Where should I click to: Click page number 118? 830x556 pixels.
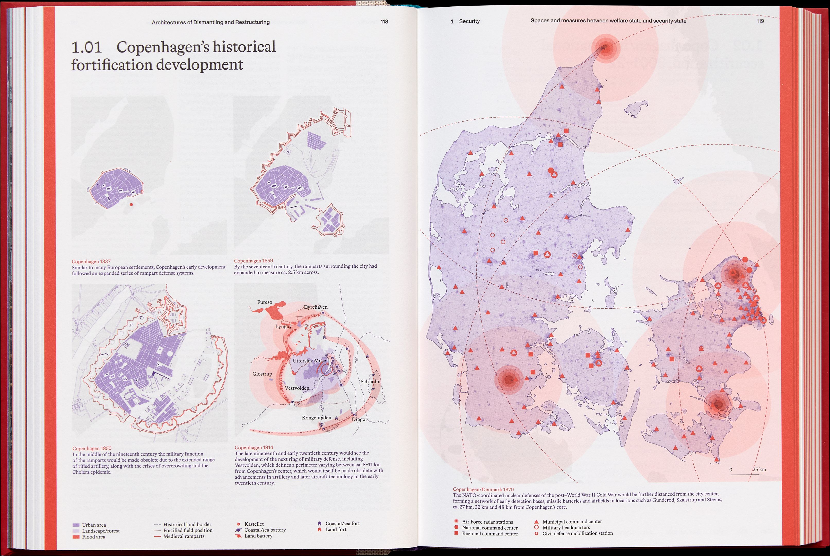pos(384,22)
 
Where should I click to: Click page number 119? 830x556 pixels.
pos(760,21)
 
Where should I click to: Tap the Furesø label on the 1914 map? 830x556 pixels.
pos(265,302)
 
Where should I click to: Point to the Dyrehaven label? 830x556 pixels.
pos(316,307)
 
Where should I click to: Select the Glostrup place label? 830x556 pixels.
pos(262,374)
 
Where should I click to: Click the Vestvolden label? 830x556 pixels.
pos(297,388)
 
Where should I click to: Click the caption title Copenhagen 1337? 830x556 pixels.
pos(91,261)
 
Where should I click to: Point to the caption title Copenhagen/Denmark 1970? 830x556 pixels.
pos(483,489)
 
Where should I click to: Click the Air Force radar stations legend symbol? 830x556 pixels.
pos(456,522)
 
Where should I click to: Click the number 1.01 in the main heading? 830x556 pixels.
pos(86,47)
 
